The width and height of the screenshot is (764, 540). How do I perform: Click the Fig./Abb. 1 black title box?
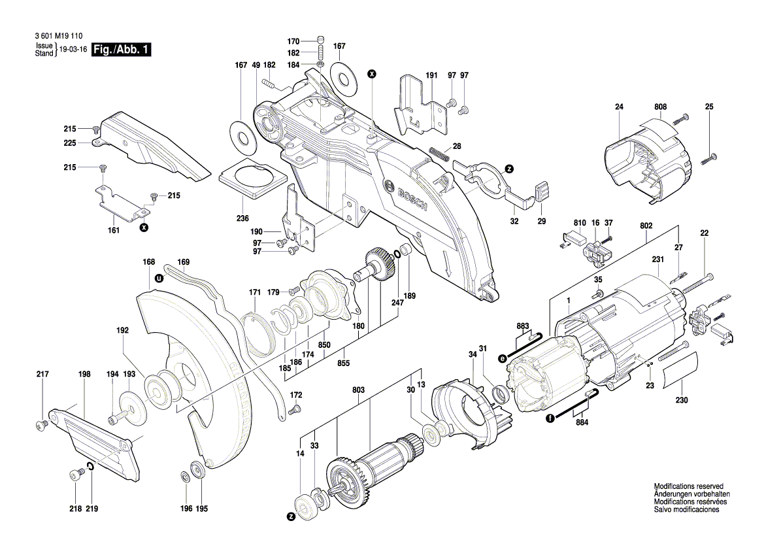122,50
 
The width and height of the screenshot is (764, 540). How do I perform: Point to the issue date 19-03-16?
73,50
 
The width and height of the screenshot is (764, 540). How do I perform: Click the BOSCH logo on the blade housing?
407,196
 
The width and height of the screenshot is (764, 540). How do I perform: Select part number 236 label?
242,218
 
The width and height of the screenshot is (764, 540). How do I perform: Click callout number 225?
70,143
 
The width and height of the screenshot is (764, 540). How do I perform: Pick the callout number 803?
358,390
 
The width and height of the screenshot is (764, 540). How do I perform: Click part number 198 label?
84,375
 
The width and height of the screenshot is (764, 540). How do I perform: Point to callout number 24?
620,107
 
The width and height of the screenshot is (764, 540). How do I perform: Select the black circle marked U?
158,278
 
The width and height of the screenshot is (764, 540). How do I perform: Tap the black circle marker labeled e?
503,358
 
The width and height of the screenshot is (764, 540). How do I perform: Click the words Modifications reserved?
688,486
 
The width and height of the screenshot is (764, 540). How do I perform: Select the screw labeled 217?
42,425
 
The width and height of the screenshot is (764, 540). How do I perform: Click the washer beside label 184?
321,65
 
